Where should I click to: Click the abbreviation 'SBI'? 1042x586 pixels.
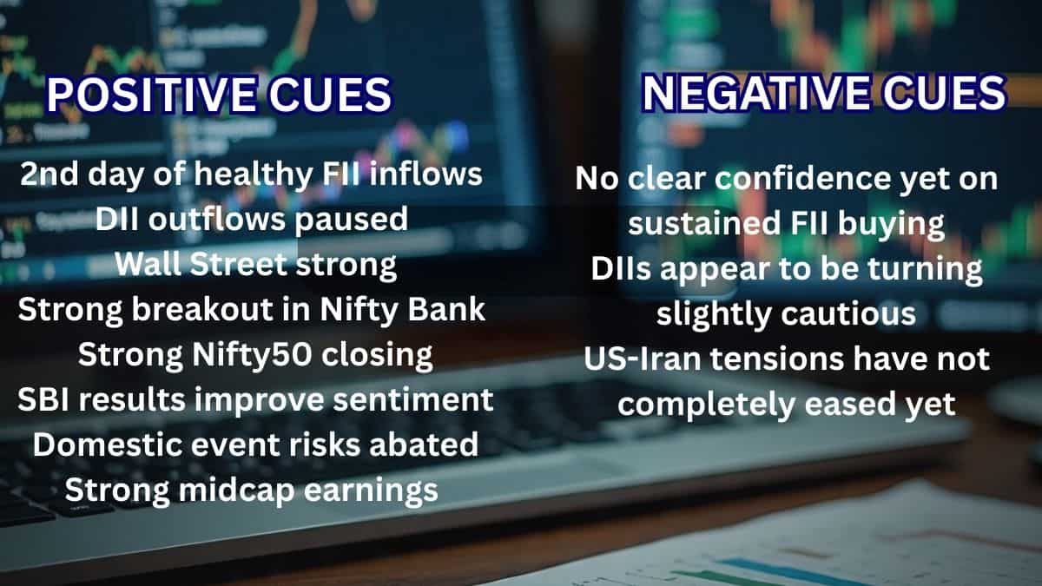click(44, 400)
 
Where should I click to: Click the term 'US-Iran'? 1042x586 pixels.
click(638, 359)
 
